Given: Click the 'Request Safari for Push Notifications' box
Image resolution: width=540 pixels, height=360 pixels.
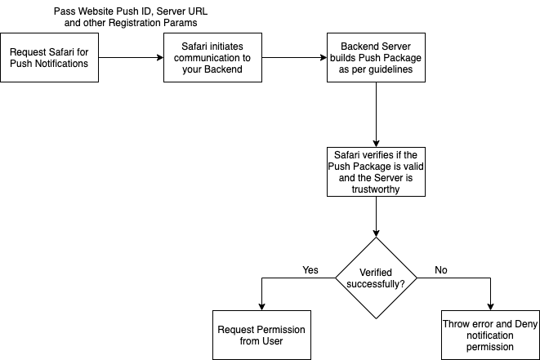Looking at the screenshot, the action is point(49,57).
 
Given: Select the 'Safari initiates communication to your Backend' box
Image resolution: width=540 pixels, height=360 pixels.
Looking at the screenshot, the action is point(212,57).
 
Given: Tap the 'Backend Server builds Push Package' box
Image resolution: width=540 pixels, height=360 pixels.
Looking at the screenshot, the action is point(376,57).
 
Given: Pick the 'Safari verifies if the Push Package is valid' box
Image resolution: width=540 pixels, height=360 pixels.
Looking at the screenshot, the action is point(376,171).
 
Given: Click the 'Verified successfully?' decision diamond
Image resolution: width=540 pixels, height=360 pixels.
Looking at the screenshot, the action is point(376,278).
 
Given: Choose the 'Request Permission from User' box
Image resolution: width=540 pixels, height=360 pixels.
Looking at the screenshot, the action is point(261,336).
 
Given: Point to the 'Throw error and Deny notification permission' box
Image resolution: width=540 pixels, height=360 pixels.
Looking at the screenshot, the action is point(490,336).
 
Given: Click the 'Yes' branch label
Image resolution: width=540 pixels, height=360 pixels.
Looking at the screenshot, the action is point(310,270).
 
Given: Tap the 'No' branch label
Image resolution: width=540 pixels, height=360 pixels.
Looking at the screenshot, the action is point(441,270).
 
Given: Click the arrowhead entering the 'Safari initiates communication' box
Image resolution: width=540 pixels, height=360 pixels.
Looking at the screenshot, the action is point(160,57).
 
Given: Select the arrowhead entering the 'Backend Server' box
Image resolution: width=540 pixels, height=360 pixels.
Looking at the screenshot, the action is point(324,57).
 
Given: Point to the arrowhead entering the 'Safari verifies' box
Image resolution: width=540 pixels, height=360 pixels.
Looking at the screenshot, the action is point(376,144).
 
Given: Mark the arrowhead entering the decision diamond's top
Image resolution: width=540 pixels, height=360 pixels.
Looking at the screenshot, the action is point(376,233).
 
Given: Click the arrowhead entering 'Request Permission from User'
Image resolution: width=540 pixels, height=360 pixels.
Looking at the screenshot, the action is point(261,307).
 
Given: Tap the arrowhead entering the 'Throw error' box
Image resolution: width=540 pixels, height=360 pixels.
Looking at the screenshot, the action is point(490,307).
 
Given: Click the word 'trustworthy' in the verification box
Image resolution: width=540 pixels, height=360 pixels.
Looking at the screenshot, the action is point(376,189).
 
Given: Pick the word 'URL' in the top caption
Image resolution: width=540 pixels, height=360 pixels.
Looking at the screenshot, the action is point(198,11).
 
